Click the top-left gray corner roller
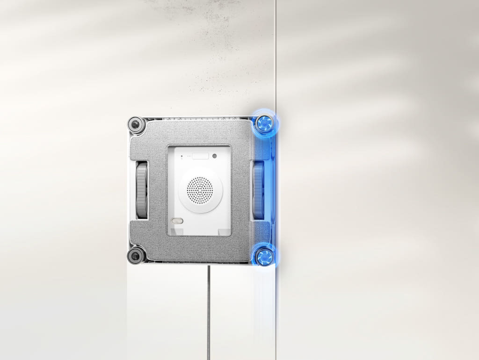[x=136, y=124]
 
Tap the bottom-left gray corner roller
[x=136, y=255]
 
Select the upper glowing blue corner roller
[x=265, y=123]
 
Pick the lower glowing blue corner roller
[x=264, y=256]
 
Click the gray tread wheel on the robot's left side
[x=141, y=190]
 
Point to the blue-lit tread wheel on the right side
[x=258, y=190]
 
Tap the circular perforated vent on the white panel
[x=200, y=190]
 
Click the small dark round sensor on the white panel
[x=214, y=157]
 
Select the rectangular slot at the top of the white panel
[x=200, y=156]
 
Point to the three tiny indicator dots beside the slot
[x=188, y=156]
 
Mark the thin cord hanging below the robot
[x=209, y=309]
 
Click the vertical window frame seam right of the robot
[x=276, y=70]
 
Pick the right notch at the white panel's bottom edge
[x=225, y=231]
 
